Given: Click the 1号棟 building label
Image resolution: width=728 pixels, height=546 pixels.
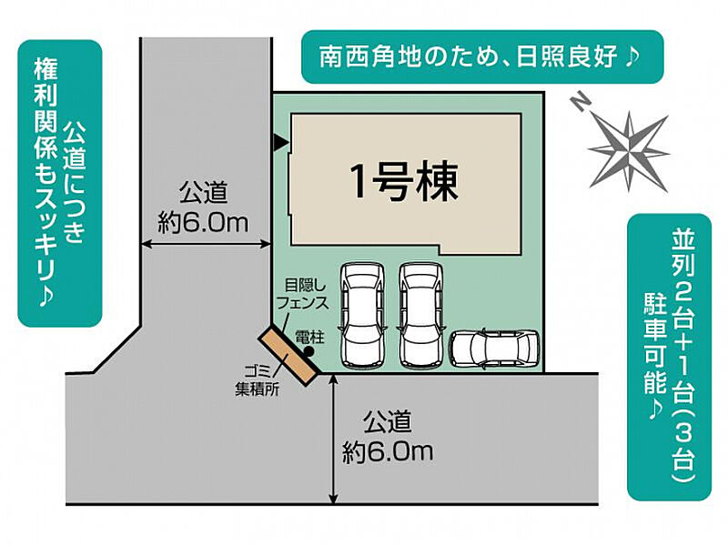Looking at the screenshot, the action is pyautogui.click(x=403, y=183).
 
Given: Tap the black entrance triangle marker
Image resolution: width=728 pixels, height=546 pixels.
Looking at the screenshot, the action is pyautogui.click(x=280, y=143).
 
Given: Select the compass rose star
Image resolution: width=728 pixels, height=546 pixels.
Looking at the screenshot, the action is pyautogui.click(x=629, y=151).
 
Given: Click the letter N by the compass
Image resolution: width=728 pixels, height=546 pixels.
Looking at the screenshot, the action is pyautogui.click(x=580, y=103).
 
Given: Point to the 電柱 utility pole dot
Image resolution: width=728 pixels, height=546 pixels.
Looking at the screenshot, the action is pyautogui.click(x=308, y=351).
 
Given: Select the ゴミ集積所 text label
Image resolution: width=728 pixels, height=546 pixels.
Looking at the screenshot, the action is pyautogui.click(x=258, y=379).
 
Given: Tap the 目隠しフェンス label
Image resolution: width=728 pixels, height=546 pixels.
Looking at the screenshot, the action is pyautogui.click(x=302, y=294).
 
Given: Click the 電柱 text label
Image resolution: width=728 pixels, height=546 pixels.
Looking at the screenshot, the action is pyautogui.click(x=309, y=337).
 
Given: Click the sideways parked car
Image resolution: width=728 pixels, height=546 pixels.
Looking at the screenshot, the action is pyautogui.click(x=494, y=348).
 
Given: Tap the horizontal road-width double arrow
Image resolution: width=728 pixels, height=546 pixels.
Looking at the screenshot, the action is pyautogui.click(x=206, y=243).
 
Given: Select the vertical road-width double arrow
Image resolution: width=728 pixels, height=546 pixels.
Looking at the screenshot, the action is pyautogui.click(x=333, y=439).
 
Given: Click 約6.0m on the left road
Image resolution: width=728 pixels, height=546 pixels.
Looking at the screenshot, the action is pyautogui.click(x=203, y=223).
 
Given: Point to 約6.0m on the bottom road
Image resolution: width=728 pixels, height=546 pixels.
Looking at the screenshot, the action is pyautogui.click(x=388, y=450).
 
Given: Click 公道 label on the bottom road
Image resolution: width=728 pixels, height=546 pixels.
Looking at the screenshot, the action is pyautogui.click(x=388, y=421).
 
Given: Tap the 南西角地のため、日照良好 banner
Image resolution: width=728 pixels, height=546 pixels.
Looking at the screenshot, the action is pyautogui.click(x=482, y=57).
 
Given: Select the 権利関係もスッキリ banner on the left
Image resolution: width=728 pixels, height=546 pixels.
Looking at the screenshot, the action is pyautogui.click(x=59, y=184).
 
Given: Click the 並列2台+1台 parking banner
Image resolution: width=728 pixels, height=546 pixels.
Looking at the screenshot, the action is pyautogui.click(x=669, y=357).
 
